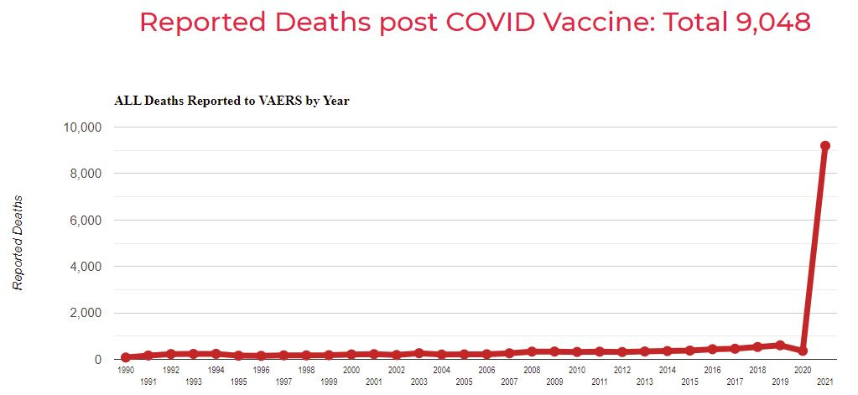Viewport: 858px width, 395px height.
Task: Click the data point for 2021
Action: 824,146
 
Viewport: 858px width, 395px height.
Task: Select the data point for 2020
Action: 802,351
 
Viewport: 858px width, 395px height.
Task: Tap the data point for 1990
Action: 126,357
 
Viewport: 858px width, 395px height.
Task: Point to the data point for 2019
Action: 779,345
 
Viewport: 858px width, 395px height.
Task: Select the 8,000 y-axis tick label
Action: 86,174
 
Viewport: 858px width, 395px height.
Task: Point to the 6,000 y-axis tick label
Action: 86,221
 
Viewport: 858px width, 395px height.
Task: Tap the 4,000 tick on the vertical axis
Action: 86,267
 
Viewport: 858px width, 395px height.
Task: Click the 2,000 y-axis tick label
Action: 86,314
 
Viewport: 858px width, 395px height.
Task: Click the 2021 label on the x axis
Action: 824,382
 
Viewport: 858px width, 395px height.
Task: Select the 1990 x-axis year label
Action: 126,370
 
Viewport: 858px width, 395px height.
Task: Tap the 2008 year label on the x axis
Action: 532,370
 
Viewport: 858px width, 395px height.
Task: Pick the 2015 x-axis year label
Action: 689,382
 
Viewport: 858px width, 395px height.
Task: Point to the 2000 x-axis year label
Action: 351,370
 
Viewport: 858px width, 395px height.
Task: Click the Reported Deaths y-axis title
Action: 18,243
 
